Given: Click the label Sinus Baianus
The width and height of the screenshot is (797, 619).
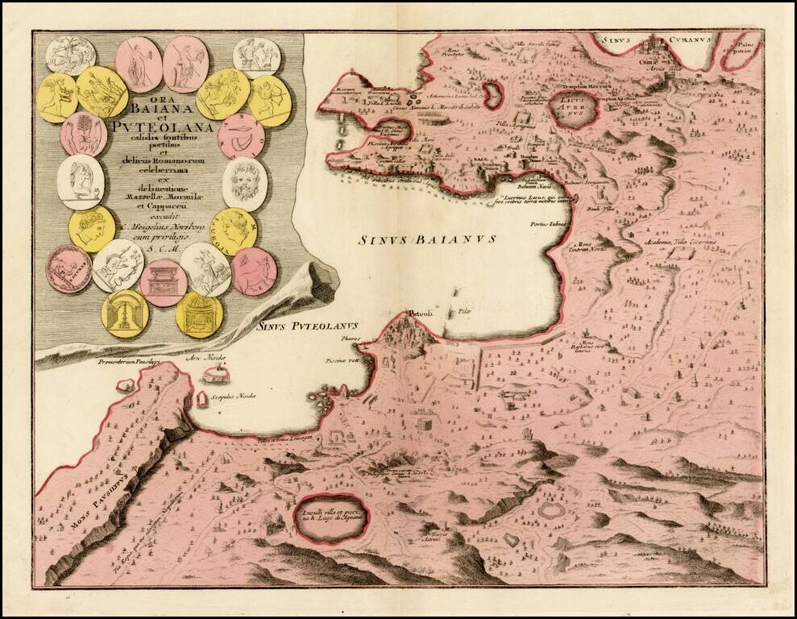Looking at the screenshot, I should pyautogui.click(x=427, y=239).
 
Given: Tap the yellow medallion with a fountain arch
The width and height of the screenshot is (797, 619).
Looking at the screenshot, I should pyautogui.click(x=125, y=312).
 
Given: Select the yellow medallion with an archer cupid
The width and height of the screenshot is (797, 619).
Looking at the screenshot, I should pyautogui.click(x=268, y=102).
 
